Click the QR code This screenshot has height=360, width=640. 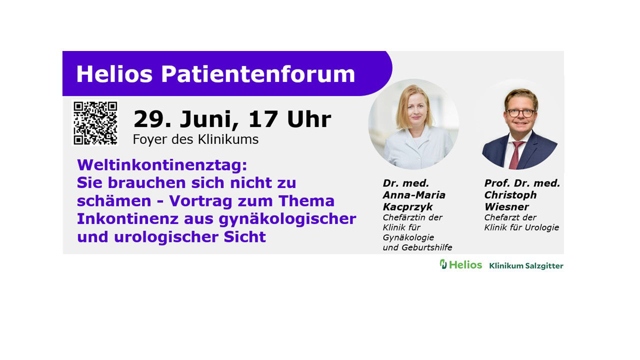(95, 123)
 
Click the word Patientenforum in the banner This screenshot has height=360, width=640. (258, 74)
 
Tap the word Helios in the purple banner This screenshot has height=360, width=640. (114, 74)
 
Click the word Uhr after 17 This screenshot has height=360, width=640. (309, 119)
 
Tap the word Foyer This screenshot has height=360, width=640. (149, 140)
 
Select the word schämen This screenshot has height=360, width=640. (114, 200)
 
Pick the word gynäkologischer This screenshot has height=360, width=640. (287, 219)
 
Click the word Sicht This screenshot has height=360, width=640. (245, 237)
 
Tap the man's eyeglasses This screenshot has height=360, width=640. (520, 113)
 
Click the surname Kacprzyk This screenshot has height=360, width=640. (407, 207)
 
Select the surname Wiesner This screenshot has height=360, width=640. (506, 206)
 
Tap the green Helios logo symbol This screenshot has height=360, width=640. (443, 264)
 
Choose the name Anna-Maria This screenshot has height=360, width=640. (414, 195)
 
